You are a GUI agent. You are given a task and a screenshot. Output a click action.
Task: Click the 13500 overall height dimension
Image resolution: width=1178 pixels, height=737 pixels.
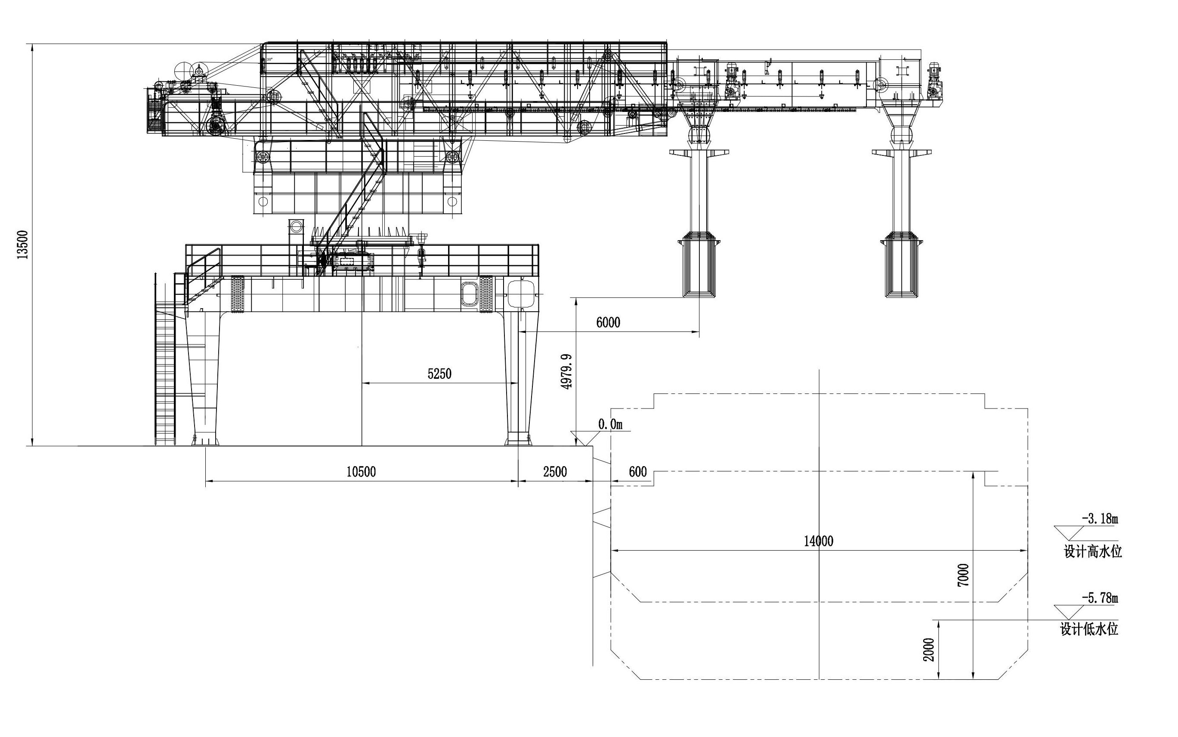point(23,244)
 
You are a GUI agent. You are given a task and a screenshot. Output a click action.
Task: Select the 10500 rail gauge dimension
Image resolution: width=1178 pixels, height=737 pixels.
point(361,471)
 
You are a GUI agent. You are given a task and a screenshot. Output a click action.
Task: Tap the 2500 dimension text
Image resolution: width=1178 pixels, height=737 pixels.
point(555,471)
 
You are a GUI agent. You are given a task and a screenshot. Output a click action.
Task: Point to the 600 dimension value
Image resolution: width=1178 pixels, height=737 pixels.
point(638,471)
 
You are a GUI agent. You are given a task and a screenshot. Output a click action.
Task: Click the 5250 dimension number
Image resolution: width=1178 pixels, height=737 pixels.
point(439,374)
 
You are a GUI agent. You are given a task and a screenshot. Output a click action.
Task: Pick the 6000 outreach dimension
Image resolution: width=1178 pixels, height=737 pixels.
point(608,322)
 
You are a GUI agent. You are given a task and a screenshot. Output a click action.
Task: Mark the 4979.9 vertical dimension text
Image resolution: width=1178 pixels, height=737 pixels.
point(566,371)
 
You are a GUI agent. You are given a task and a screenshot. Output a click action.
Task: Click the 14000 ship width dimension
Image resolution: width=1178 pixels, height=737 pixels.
point(819,541)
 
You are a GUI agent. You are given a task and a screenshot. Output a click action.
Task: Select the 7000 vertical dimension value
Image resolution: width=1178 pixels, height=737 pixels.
point(964,575)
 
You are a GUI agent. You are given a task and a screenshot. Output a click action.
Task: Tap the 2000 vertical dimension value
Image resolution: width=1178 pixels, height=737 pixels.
point(930,650)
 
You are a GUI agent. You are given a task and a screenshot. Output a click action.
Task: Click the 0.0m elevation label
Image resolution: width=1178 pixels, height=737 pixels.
point(610,424)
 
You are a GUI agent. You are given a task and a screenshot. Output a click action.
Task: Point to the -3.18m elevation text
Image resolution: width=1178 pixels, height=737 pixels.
point(1100,518)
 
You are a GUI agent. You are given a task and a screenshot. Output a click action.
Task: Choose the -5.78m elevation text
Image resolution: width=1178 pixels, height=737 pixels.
point(1100,597)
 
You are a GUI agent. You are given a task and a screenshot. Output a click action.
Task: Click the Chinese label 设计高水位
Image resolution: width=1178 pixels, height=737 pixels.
point(1093,551)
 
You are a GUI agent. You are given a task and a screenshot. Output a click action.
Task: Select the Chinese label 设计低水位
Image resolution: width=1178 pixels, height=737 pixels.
point(1089,629)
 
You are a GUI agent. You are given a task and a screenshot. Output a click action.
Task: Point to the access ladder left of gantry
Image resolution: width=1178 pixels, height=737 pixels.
point(165,371)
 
